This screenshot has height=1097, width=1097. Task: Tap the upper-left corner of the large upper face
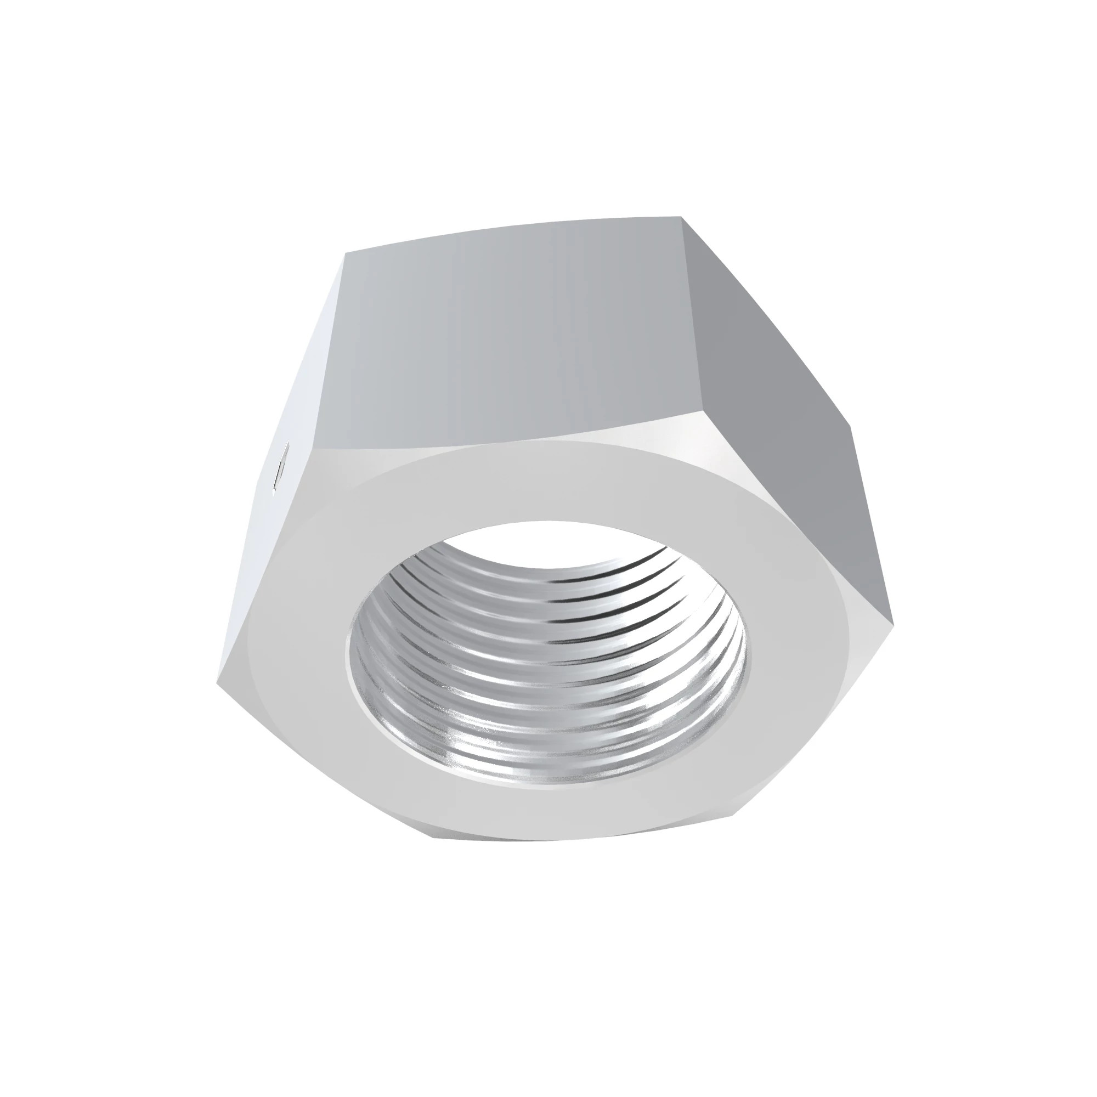coord(345,253)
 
